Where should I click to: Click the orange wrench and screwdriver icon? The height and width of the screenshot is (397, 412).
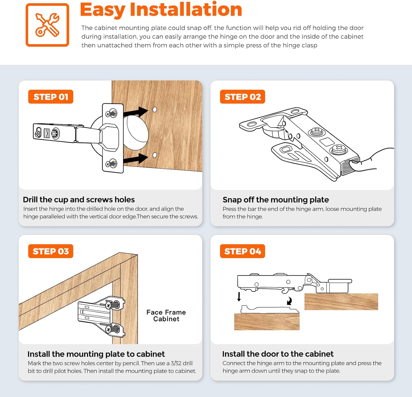47,25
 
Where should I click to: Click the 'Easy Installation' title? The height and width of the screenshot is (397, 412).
161,10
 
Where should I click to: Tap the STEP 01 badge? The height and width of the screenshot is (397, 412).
51,97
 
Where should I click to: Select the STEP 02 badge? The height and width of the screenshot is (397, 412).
243,97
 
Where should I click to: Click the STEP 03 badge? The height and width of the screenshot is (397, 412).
51,251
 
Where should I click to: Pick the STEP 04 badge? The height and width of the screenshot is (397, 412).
243,251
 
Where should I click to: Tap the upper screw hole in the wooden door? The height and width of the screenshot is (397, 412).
155,110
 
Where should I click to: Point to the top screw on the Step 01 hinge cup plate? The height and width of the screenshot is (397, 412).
112,113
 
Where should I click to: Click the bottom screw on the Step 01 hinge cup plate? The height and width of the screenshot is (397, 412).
112,164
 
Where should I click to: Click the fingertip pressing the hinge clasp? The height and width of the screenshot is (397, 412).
354,165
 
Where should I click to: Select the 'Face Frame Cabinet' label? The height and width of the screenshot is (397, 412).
166,316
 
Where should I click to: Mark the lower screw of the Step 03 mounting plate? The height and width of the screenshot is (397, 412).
113,329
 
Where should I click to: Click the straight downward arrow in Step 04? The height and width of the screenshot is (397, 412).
239,297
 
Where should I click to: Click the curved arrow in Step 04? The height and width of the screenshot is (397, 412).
289,301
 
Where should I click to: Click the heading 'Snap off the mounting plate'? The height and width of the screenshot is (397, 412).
275,200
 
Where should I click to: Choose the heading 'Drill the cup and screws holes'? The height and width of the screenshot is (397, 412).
79,200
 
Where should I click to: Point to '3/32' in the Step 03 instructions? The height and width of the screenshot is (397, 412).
176,363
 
